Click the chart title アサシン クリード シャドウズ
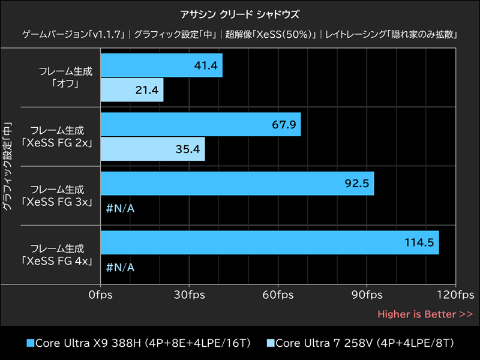click(239, 13)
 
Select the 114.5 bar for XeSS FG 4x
click(269, 242)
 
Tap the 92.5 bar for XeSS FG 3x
click(237, 184)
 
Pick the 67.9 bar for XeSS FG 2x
click(200, 125)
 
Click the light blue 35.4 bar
click(152, 148)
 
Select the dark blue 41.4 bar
click(161, 65)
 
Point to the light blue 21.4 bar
click(132, 89)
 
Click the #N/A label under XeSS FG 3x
click(120, 208)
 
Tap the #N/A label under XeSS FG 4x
click(120, 266)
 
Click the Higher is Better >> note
click(425, 314)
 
